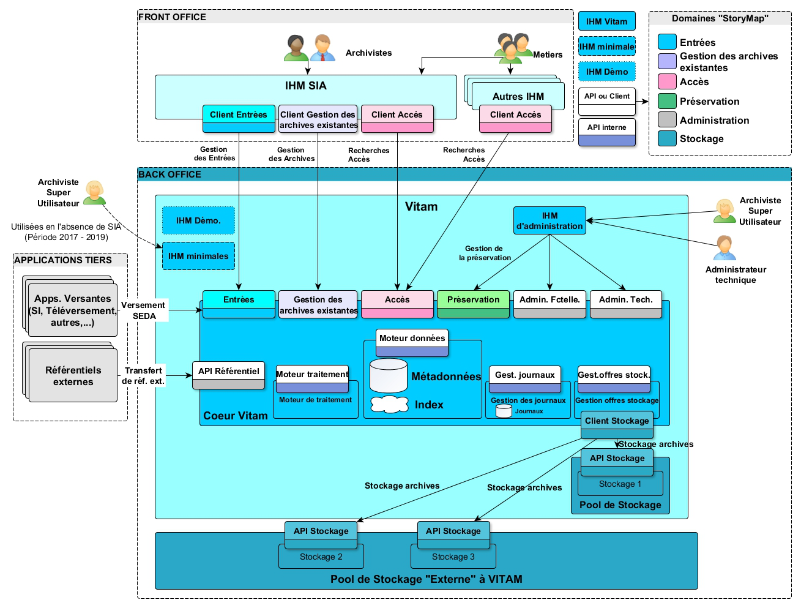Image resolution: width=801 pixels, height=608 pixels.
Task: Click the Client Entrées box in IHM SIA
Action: pos(239,118)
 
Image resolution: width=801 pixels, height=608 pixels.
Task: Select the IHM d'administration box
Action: pos(550,221)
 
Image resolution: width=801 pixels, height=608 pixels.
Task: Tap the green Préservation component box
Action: pos(473,304)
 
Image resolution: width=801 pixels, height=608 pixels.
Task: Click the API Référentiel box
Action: pos(229,375)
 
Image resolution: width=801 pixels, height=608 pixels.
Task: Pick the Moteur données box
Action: pos(412,342)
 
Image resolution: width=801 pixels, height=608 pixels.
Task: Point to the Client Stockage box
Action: pos(617,424)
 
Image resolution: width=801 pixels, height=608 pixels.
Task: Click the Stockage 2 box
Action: pos(321,557)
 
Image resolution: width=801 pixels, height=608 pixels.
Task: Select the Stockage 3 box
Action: pos(453,557)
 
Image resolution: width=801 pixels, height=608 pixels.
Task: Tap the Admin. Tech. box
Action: pos(625,304)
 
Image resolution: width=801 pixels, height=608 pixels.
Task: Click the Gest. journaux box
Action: pos(524,378)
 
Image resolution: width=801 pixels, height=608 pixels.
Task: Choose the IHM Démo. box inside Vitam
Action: pos(198,220)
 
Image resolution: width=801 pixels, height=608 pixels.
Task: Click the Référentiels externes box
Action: pos(73,376)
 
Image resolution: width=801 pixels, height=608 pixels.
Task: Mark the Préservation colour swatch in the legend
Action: pos(667,101)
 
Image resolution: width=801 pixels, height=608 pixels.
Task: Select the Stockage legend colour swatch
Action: pos(667,138)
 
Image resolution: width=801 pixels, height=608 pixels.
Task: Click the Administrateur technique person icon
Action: pos(725,248)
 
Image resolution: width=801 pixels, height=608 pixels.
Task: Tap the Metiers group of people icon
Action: pos(513,48)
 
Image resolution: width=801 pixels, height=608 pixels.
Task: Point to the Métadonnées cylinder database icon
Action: pos(389,375)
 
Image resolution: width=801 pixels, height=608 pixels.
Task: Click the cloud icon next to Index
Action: pos(390,404)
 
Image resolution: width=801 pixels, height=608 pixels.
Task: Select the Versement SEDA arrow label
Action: pos(144,310)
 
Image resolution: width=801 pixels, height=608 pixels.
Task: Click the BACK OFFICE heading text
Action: pos(170,175)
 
